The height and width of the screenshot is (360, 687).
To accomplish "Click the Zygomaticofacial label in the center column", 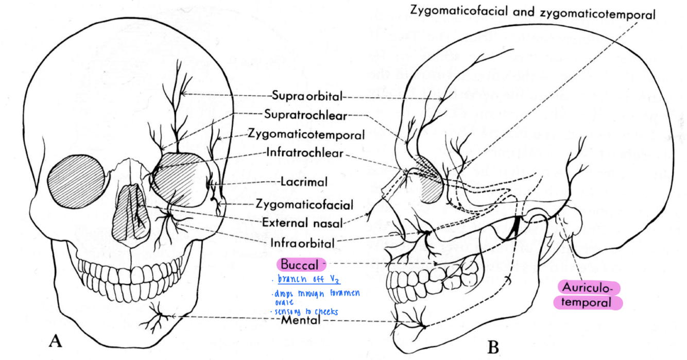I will pos(304,204).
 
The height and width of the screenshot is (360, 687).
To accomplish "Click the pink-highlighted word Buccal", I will pos(300,265).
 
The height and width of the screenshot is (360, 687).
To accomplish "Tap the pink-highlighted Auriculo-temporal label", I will pos(588,295).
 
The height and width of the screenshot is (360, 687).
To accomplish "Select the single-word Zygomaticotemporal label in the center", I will pos(306,134).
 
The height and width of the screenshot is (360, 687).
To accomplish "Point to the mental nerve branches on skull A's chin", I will pos(158,317).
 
